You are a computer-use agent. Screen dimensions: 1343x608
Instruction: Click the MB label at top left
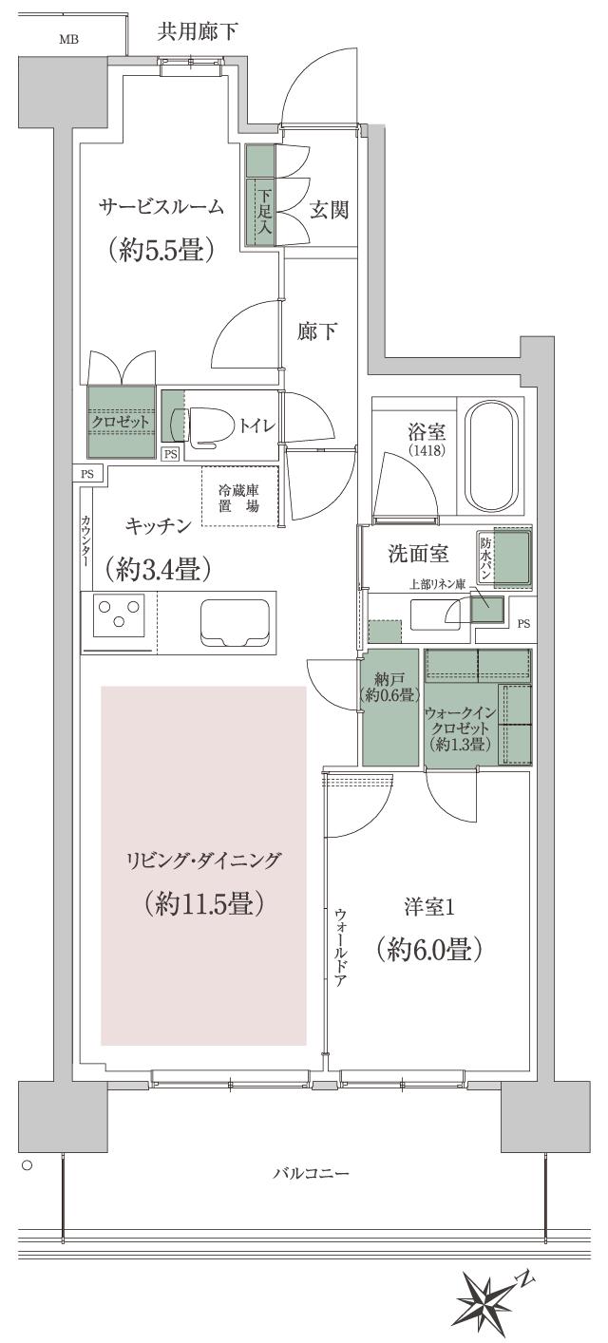pos(68,39)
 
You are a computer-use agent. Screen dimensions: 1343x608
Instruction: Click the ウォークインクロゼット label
pos(460,727)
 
